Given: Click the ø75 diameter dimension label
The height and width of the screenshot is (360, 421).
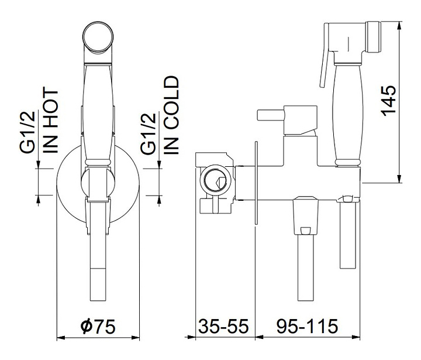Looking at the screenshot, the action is [98, 326].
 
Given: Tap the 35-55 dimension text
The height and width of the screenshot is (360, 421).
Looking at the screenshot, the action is [223, 326].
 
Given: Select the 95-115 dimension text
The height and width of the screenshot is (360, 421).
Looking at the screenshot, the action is [307, 326].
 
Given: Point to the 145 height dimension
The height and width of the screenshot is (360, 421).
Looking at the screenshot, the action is [388, 101].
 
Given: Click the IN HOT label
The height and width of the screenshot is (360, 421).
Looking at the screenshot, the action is [51, 121].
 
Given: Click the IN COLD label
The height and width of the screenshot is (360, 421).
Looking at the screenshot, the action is [171, 115].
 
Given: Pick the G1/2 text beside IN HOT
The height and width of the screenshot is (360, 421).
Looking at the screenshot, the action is [27, 132].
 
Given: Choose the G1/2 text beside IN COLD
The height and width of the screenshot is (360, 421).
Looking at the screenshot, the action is [148, 133].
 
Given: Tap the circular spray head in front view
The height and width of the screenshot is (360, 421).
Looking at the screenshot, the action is [98, 37].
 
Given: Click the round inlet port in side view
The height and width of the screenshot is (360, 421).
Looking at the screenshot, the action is [216, 180].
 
